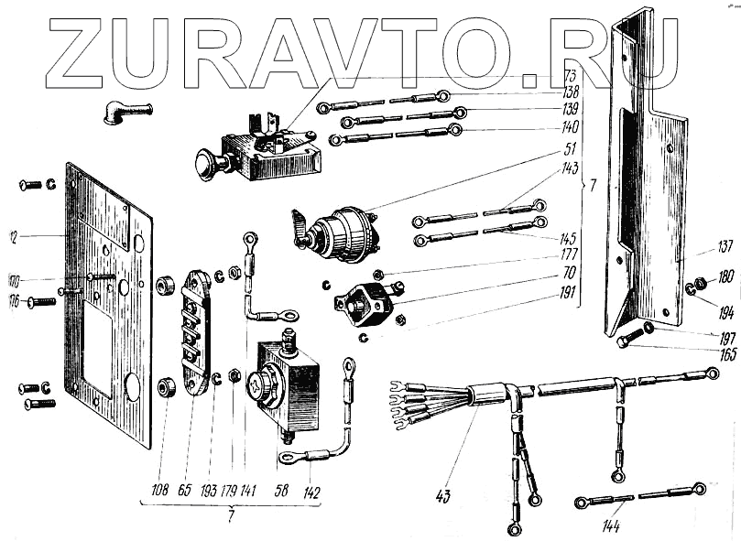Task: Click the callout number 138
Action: [571, 93]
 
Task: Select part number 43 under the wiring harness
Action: [444, 496]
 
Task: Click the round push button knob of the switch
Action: [203, 166]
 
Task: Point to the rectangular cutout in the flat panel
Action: [97, 341]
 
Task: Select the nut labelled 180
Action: [701, 281]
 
